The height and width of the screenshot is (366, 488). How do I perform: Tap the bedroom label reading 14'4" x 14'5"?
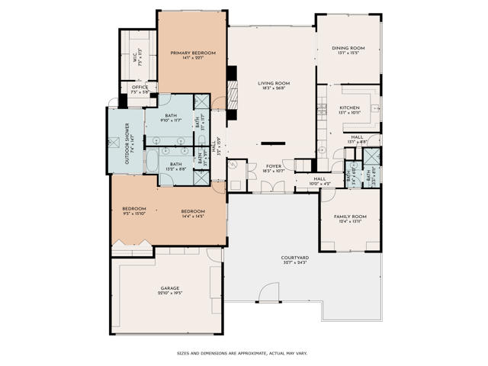point(193,213)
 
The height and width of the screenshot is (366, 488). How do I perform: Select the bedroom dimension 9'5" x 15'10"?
point(134,213)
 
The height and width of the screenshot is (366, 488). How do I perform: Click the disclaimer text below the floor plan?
point(242,353)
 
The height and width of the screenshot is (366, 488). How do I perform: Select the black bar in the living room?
point(272,143)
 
